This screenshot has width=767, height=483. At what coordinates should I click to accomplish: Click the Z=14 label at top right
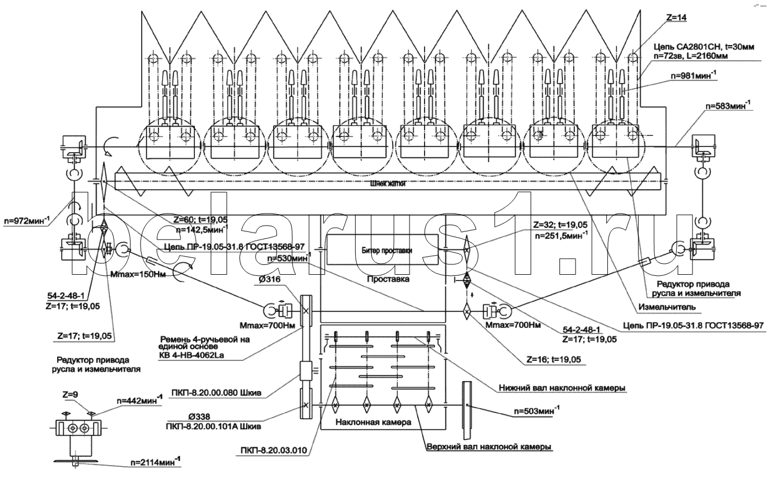[x=677, y=18]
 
